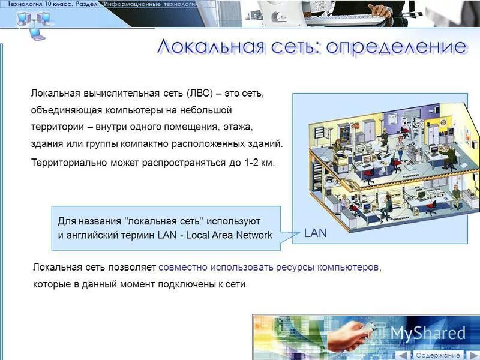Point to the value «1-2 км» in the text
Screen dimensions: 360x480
[x=259, y=163]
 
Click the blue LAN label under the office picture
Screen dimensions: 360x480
[x=316, y=233]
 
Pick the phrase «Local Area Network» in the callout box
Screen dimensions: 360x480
[x=229, y=235]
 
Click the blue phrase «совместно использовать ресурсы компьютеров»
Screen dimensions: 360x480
[x=269, y=267]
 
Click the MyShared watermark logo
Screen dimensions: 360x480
[x=428, y=333]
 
